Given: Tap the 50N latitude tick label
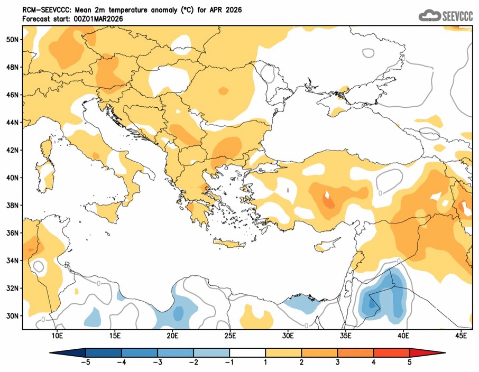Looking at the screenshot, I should click(13, 40).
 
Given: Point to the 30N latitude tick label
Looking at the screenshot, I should click(13, 315).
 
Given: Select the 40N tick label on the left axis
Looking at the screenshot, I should click(13, 178).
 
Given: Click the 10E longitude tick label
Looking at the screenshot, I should click(58, 335).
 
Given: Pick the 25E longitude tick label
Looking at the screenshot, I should click(231, 335).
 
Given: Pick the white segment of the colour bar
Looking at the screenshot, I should click(247, 352).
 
